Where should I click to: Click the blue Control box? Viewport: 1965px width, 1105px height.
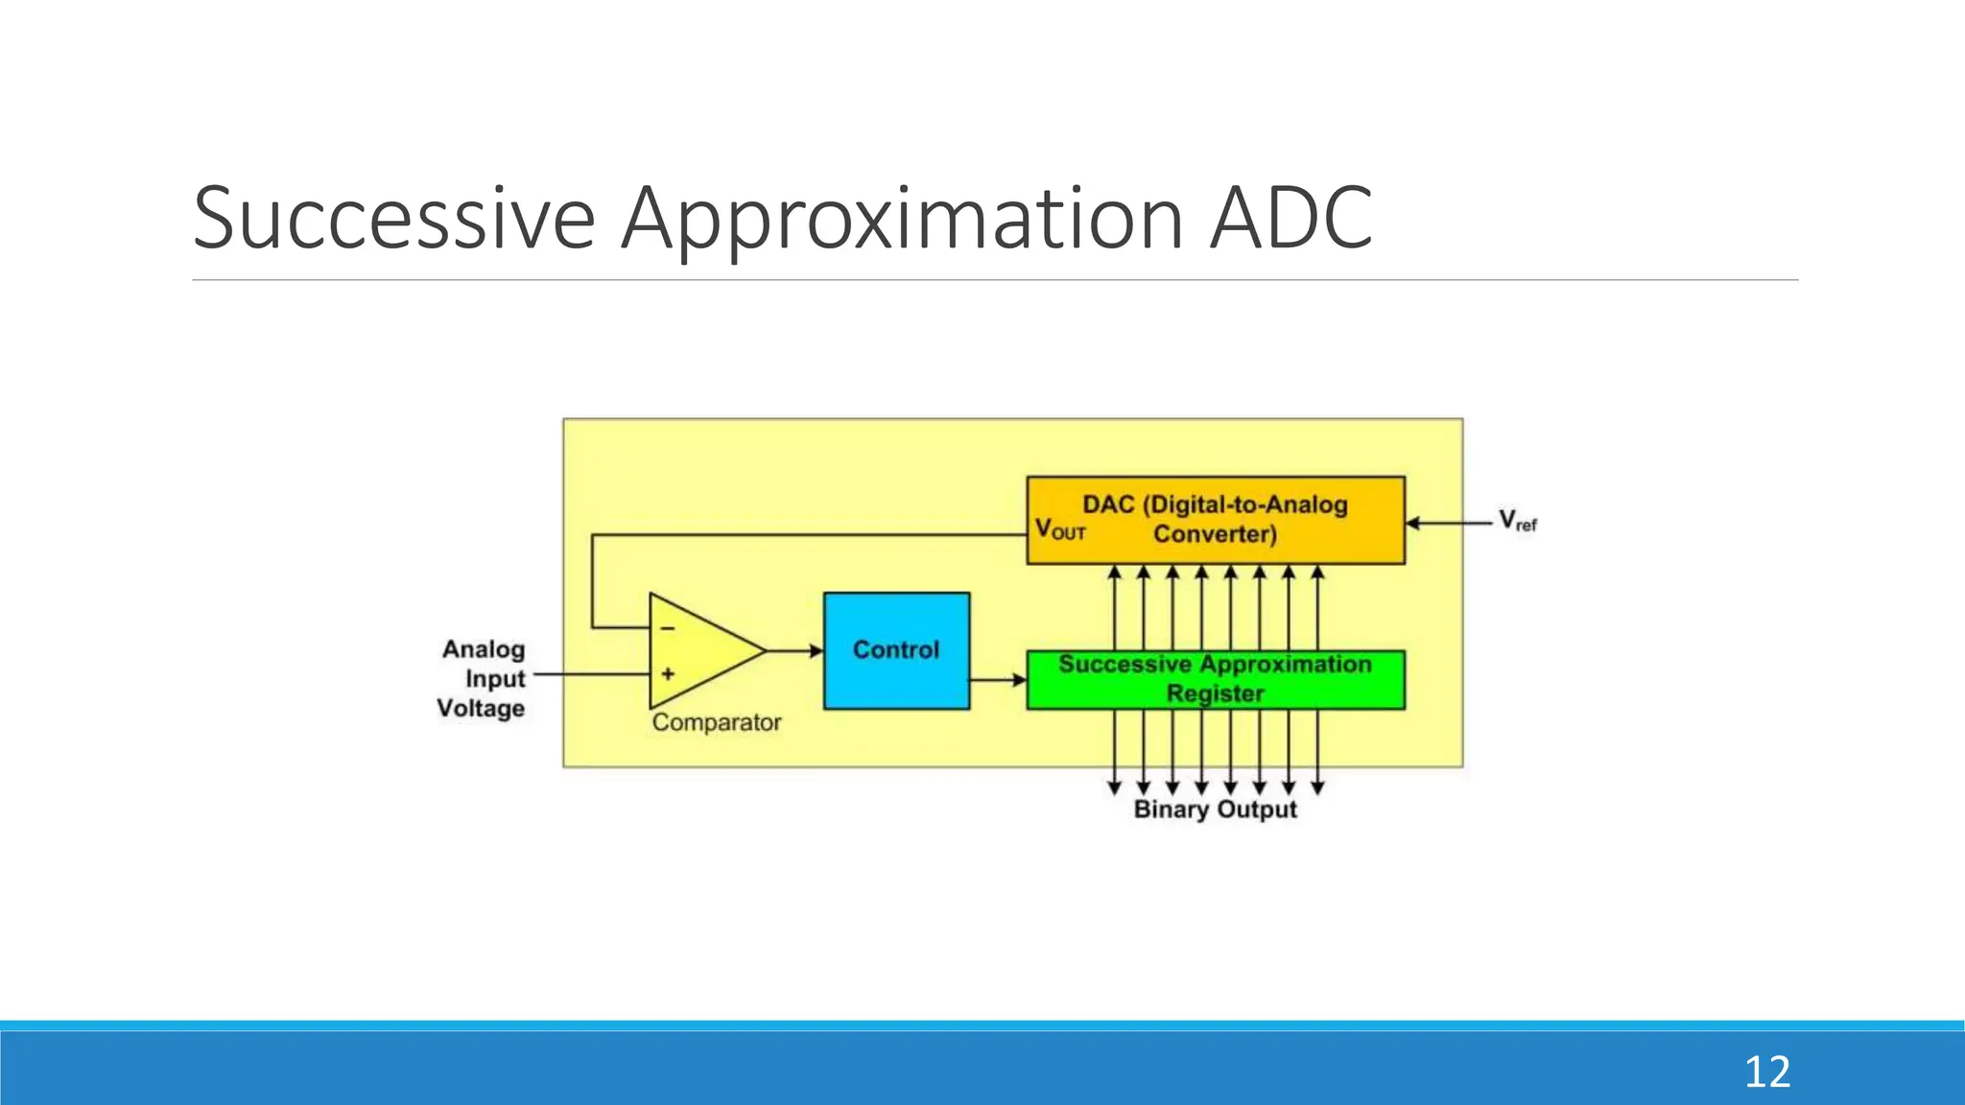click(x=896, y=650)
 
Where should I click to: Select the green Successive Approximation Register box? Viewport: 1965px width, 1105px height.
click(x=1215, y=679)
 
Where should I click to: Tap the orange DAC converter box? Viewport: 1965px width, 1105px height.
click(x=1215, y=519)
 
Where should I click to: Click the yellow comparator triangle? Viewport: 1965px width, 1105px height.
click(x=700, y=651)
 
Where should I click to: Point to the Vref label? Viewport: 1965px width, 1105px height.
click(x=1517, y=522)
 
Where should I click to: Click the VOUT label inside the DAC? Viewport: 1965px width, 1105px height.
click(x=1059, y=529)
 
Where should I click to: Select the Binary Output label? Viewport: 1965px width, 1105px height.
click(x=1215, y=810)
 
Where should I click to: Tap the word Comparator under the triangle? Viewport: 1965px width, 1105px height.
click(x=717, y=722)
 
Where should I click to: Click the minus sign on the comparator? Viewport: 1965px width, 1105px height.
click(x=668, y=628)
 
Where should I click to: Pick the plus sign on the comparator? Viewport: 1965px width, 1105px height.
click(x=668, y=674)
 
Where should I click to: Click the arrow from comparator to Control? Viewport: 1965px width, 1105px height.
click(x=795, y=651)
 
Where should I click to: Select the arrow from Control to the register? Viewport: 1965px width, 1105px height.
click(x=998, y=680)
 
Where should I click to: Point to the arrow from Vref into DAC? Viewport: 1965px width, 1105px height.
click(x=1449, y=523)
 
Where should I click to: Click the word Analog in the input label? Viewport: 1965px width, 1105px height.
click(x=484, y=649)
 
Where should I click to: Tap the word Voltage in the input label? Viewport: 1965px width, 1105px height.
click(x=481, y=709)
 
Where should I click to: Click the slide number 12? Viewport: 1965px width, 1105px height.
click(x=1766, y=1071)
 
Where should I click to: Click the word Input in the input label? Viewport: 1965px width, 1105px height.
click(x=495, y=679)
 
